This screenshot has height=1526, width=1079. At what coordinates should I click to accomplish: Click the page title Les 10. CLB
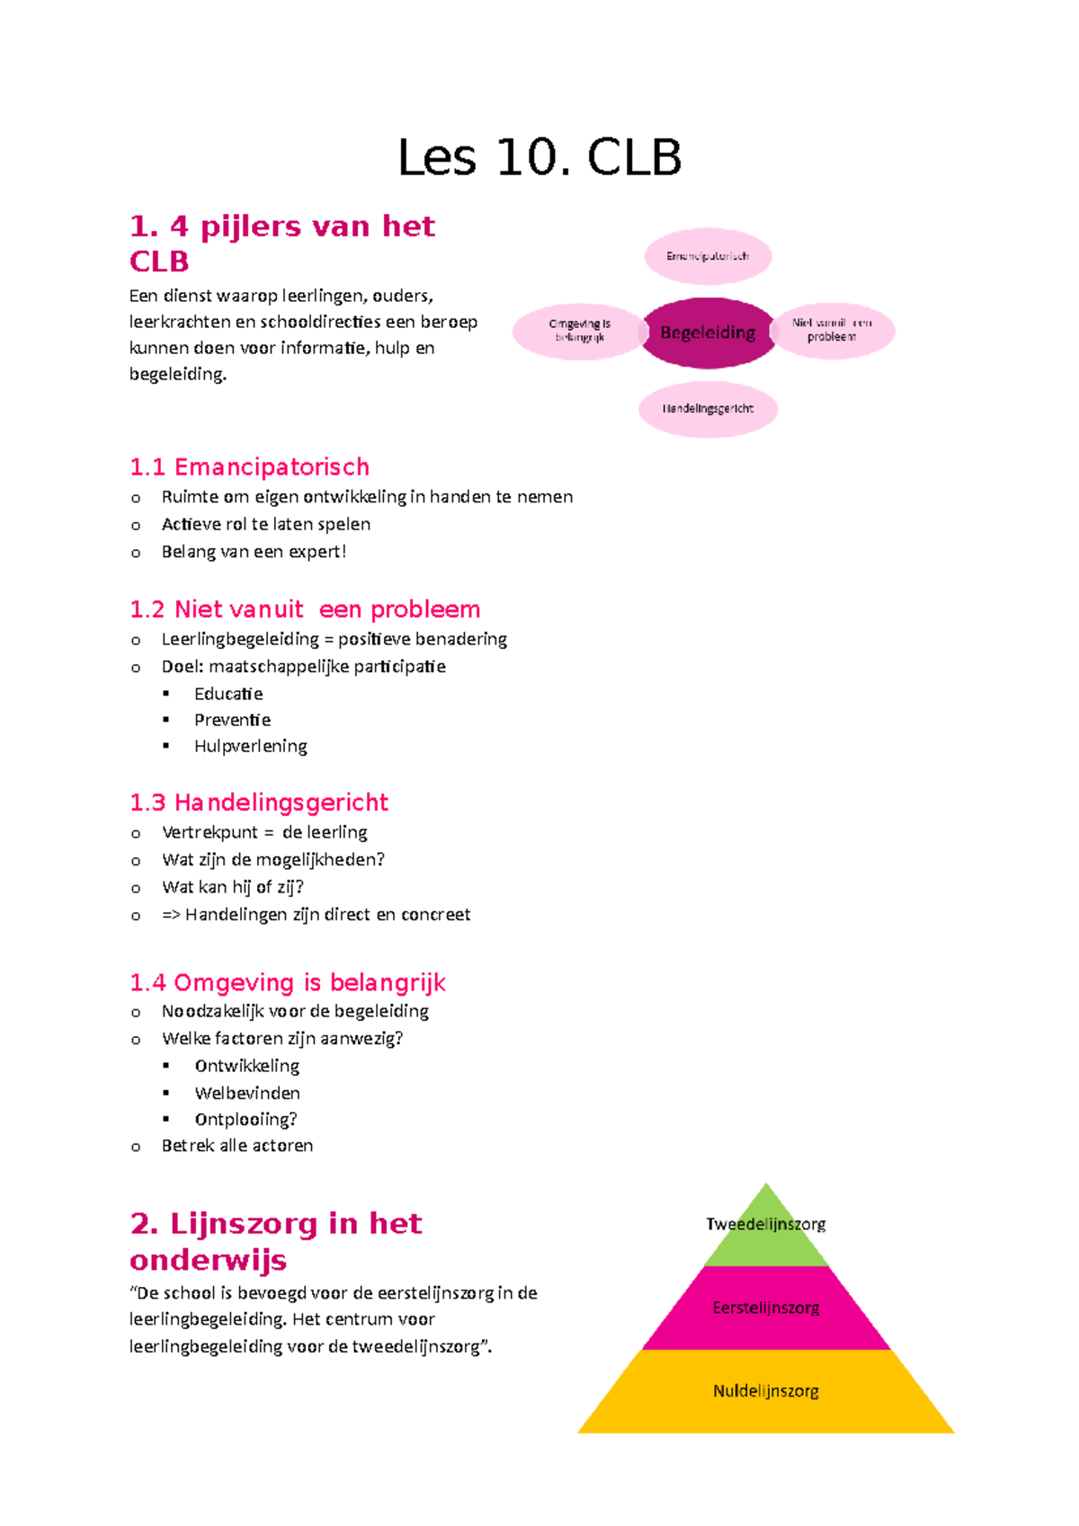(x=539, y=158)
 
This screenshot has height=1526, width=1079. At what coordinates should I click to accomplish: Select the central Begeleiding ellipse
(x=708, y=333)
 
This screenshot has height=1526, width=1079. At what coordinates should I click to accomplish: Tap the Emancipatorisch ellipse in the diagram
(x=708, y=256)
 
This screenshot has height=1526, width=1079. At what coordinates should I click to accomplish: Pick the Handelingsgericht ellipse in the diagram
(x=708, y=409)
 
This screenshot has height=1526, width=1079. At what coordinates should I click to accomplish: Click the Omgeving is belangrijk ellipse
(x=579, y=331)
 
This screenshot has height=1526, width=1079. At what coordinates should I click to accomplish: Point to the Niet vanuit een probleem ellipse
(x=832, y=330)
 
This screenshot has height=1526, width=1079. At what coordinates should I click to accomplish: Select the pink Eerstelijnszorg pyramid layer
(x=766, y=1308)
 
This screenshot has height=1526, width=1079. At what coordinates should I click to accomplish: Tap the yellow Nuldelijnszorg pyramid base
(x=766, y=1391)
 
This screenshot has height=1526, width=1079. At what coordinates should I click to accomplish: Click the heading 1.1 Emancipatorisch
(x=249, y=467)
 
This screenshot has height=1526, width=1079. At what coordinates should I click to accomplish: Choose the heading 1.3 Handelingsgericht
(x=259, y=803)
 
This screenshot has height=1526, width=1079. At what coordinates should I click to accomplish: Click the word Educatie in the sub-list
(x=228, y=694)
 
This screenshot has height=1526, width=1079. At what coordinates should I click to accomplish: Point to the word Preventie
(x=232, y=720)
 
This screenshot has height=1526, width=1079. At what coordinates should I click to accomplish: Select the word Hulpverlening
(x=250, y=746)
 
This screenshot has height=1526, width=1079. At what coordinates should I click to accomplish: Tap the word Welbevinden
(x=247, y=1093)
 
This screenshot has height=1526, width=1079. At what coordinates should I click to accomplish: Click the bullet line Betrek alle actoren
(x=237, y=1146)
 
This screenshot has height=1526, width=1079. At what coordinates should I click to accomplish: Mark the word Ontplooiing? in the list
(x=245, y=1119)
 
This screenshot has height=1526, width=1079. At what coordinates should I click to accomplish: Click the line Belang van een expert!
(x=254, y=552)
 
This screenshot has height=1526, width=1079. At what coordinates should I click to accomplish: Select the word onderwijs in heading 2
(x=208, y=1260)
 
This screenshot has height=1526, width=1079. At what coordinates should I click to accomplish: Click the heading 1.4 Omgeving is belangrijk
(x=288, y=983)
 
